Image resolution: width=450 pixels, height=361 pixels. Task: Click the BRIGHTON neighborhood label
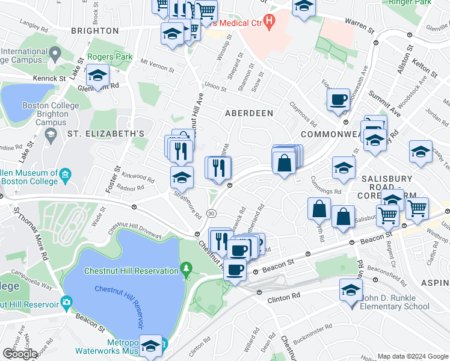pyautogui.click(x=94, y=31)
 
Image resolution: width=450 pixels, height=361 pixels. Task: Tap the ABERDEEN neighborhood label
pyautogui.click(x=249, y=113)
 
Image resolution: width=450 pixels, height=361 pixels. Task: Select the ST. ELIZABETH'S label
pyautogui.click(x=106, y=133)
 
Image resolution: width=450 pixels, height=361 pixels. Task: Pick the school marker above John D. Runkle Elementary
pyautogui.click(x=351, y=292)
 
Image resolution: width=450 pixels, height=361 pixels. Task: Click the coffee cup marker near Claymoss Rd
pyautogui.click(x=338, y=100)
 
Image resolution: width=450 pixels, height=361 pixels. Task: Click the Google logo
pyautogui.click(x=20, y=353)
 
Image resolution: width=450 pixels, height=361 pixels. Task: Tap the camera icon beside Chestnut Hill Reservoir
pyautogui.click(x=66, y=301)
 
